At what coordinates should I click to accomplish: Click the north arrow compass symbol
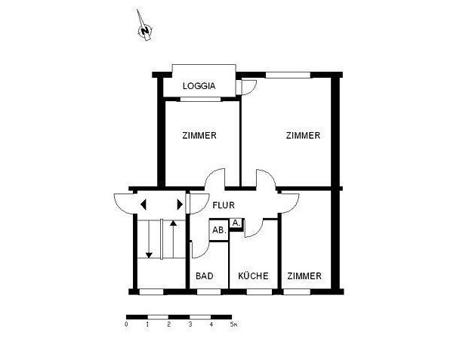(x=144, y=29)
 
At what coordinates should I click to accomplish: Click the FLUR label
(x=224, y=205)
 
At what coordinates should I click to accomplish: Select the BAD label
(x=205, y=276)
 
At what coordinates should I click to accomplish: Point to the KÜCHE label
(x=253, y=276)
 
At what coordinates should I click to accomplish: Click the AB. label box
(x=218, y=230)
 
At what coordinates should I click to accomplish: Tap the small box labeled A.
(x=236, y=223)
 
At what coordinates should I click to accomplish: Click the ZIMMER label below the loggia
(x=199, y=136)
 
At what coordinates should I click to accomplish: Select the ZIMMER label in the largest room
(x=303, y=136)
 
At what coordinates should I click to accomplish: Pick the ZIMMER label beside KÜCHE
(x=304, y=276)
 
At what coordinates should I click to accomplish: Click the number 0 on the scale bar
(x=126, y=325)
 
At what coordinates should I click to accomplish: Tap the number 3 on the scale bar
(x=190, y=325)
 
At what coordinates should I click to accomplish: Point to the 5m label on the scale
(x=234, y=325)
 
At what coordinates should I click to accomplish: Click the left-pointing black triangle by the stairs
(x=142, y=204)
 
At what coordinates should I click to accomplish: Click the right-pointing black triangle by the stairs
(x=179, y=204)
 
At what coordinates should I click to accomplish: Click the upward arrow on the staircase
(x=173, y=234)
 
